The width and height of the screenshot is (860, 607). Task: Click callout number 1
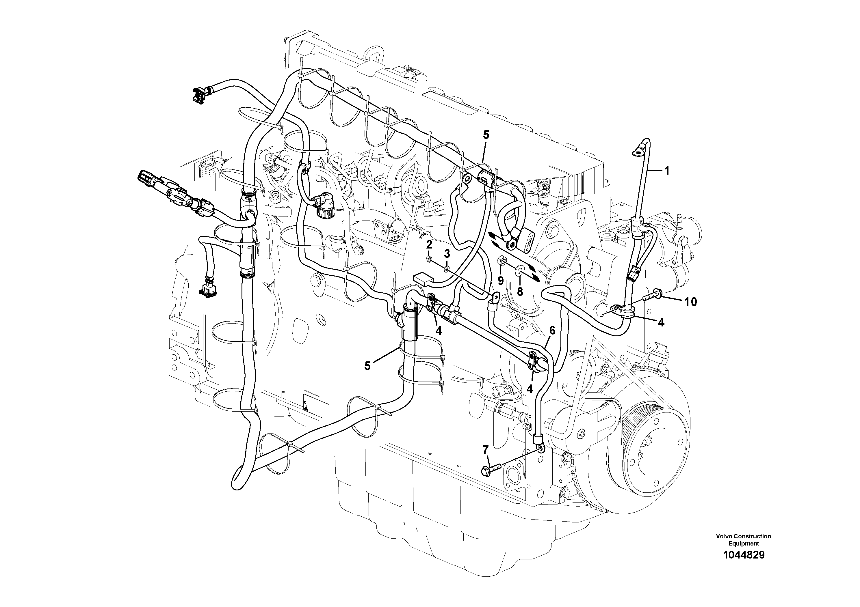coord(666,171)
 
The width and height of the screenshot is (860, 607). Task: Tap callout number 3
coord(447,254)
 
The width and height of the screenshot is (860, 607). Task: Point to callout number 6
coord(552,330)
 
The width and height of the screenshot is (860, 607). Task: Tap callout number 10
coord(691,302)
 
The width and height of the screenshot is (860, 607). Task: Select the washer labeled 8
coord(519,270)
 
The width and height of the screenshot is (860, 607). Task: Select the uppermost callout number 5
coord(486,135)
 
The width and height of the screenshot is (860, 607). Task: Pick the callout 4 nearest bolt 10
coord(661,322)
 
